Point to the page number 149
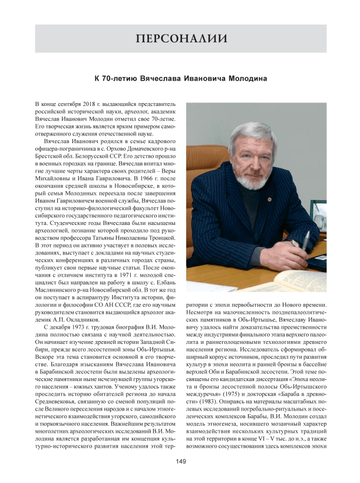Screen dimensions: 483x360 (181, 461)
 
